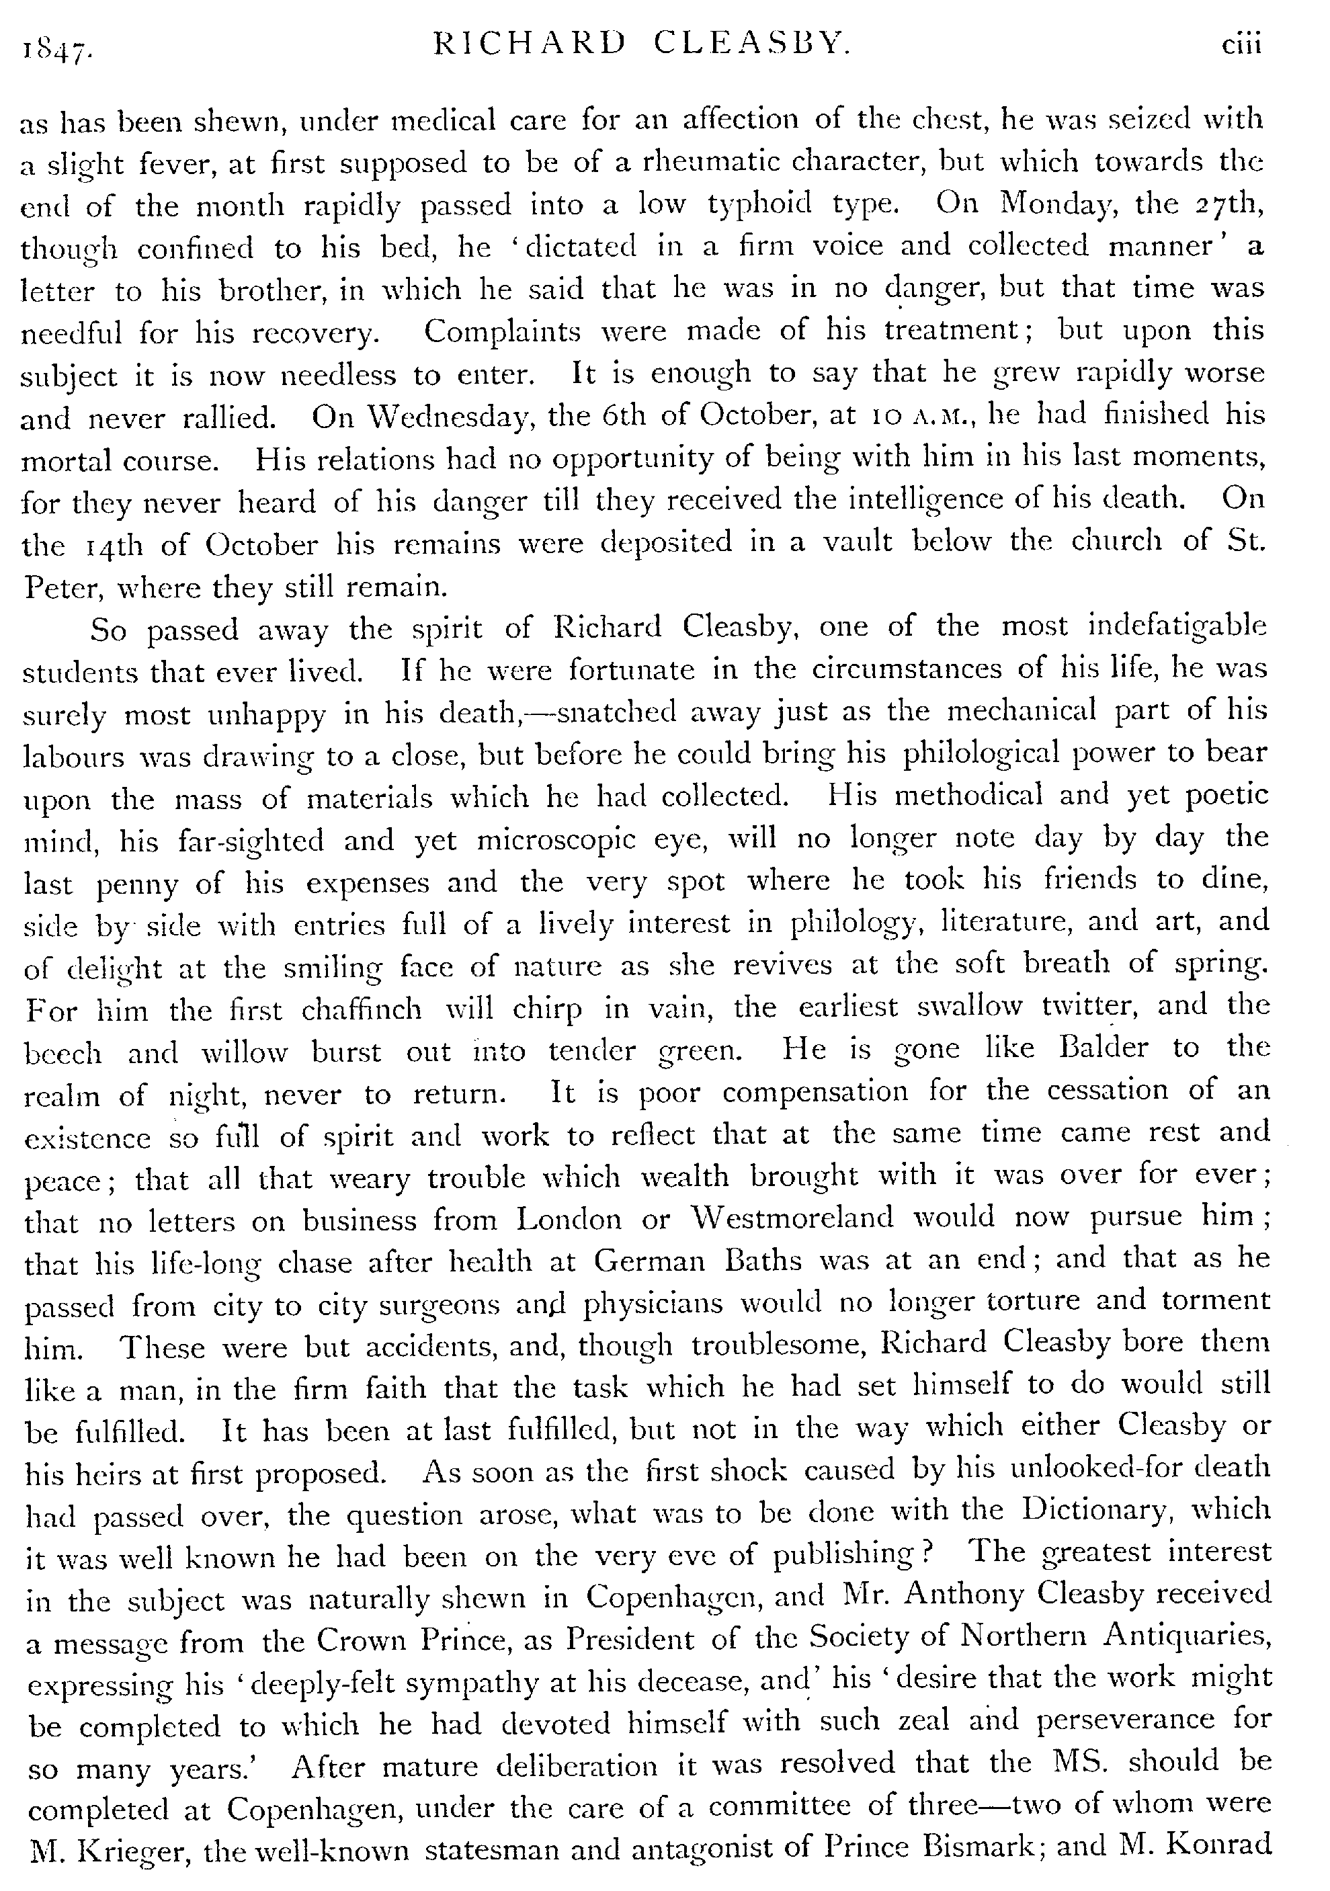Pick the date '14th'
point(111,545)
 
